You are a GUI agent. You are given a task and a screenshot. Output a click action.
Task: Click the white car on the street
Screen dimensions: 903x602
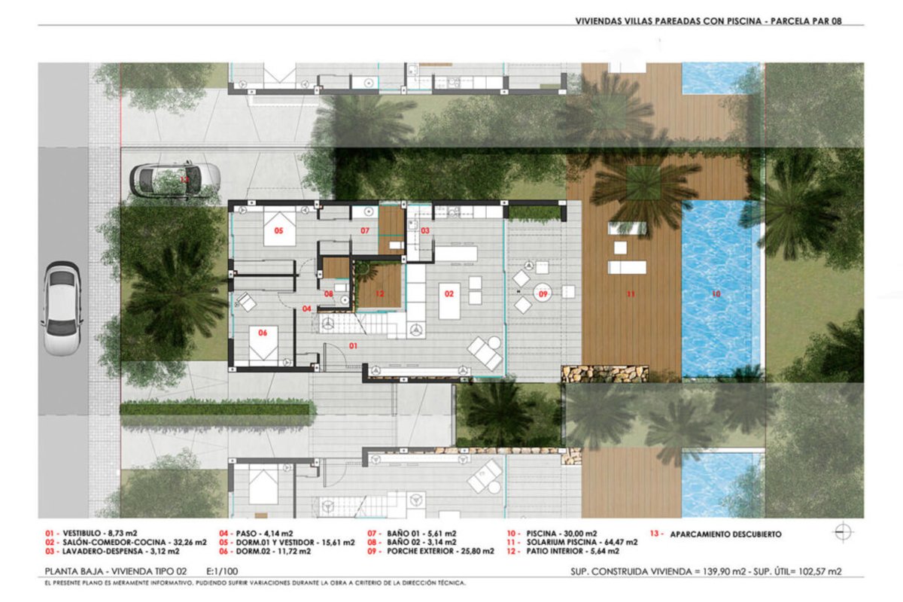pos(61,309)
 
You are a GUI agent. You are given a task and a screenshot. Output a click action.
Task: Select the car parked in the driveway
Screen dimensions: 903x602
pos(175,179)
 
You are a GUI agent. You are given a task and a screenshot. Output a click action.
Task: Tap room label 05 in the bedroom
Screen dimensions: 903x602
pos(278,230)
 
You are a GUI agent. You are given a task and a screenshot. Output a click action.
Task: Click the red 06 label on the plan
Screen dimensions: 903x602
pos(263,333)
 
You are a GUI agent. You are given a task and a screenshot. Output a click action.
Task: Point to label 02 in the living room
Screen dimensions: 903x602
pos(449,294)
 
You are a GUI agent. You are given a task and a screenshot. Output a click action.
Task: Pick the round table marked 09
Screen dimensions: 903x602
pos(543,293)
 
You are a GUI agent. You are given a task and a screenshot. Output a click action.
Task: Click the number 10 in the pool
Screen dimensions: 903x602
pos(716,294)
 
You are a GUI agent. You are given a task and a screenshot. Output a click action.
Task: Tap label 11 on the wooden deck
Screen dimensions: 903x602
pos(631,294)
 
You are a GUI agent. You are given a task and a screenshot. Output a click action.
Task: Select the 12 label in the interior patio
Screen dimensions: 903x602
pos(380,293)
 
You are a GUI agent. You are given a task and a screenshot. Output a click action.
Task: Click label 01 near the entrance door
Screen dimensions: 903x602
pos(353,345)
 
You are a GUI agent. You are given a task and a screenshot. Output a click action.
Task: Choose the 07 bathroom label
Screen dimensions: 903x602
pos(365,230)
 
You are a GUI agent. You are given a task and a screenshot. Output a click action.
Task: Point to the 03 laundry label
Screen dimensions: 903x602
pos(425,230)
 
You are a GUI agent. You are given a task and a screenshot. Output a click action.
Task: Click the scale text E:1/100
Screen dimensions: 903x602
pos(222,571)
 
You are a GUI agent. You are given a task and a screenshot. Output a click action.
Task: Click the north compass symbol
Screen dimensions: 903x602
pos(843,532)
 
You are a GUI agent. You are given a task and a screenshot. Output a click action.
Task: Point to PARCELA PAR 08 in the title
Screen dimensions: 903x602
pos(806,21)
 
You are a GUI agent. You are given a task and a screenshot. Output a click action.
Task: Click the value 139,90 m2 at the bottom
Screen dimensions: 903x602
pos(725,572)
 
